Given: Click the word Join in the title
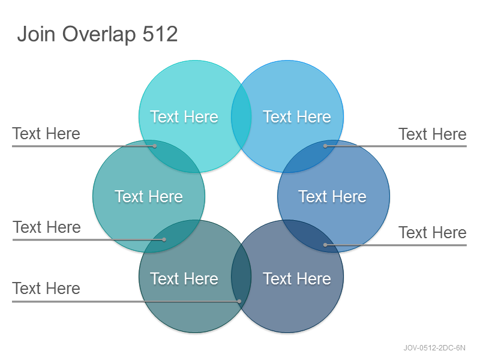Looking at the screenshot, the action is coord(36,34).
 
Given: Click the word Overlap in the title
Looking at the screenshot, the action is coord(99,35).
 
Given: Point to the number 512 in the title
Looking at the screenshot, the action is coord(160,34).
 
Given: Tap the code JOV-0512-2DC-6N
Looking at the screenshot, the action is coord(434,348).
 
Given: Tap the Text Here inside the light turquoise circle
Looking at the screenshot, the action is coord(184,116).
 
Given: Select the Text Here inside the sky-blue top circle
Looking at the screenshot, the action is coord(297,116).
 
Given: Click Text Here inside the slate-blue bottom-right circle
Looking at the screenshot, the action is coord(297,278).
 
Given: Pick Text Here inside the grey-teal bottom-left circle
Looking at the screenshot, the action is coord(184,278).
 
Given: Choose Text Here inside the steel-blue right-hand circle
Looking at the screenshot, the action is coord(332,196).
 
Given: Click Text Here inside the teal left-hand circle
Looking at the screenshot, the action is coord(149,196).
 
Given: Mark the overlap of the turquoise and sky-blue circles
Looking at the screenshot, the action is coord(241,116).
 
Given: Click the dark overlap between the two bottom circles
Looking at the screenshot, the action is coord(241,276).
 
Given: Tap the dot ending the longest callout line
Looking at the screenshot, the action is coord(239,301).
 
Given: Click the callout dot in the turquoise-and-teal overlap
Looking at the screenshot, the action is coord(155,146).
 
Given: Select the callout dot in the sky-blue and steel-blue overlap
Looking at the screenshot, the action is coord(325,146).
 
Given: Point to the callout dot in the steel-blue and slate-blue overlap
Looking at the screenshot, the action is coord(325,245).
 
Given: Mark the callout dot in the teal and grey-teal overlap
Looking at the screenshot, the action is coord(164,239).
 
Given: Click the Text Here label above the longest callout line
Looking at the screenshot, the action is coord(46,289).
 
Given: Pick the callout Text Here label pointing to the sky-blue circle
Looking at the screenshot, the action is coord(432,134).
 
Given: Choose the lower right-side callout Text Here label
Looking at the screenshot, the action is coord(432,232).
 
